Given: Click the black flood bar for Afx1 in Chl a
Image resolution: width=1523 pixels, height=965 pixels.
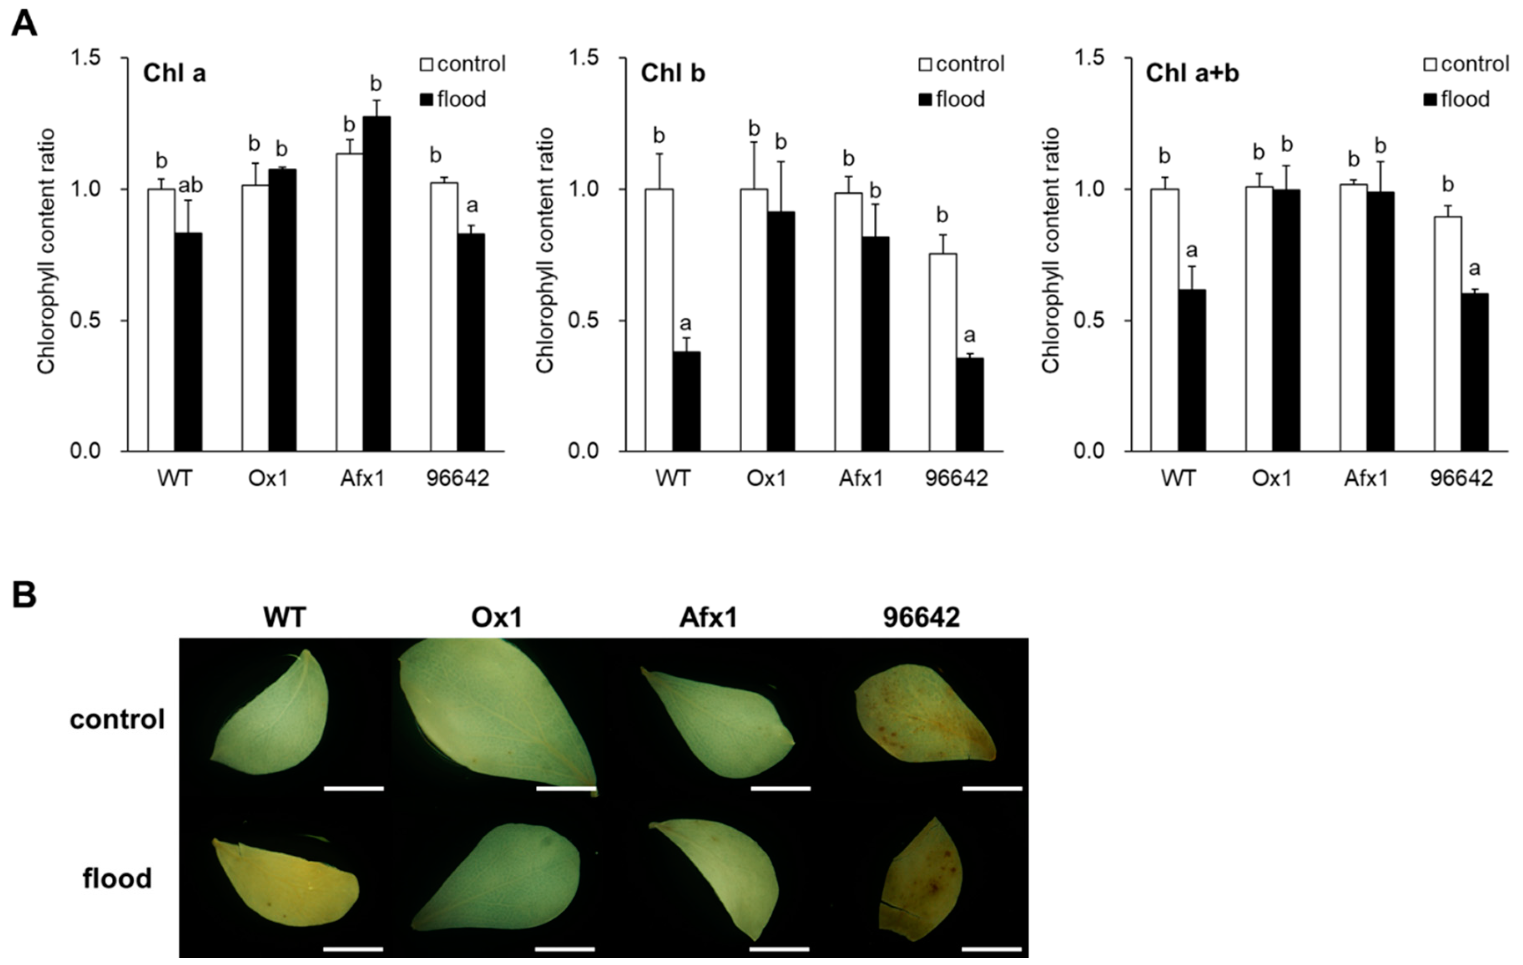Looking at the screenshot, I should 376,285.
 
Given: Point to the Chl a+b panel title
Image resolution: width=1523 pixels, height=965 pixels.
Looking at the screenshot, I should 1192,74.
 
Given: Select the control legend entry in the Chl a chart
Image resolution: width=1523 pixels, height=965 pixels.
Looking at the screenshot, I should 464,64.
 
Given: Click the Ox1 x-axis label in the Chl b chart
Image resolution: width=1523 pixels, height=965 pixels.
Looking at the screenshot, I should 766,479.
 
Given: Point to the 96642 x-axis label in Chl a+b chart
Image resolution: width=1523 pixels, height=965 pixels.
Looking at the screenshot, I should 1461,479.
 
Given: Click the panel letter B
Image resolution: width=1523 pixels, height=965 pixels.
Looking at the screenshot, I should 24,596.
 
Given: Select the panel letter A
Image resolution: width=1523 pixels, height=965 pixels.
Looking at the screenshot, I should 24,25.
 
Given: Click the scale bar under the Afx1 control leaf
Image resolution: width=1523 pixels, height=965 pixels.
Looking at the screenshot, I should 780,788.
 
